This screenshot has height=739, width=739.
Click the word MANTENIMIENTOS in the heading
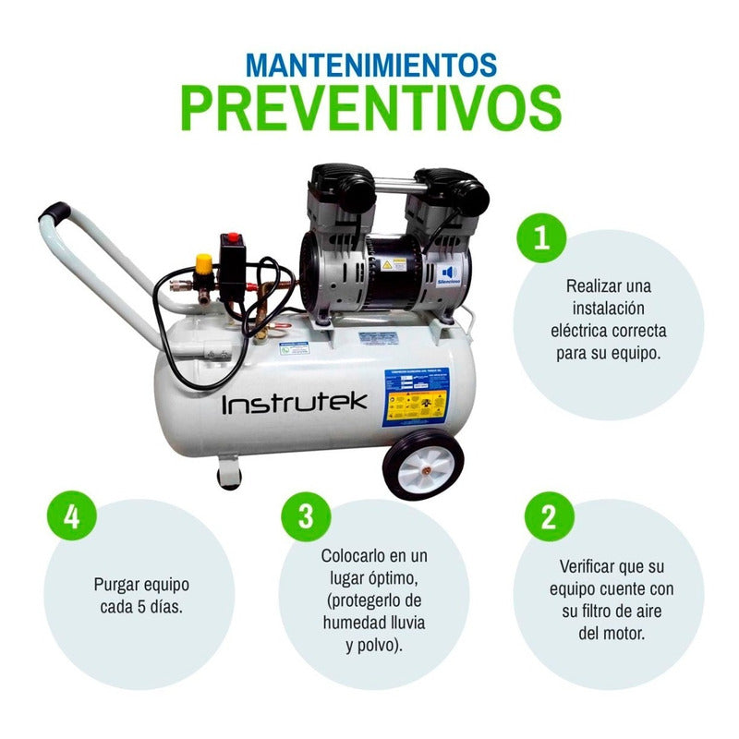pyautogui.click(x=371, y=65)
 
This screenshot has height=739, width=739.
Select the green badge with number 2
pyautogui.click(x=549, y=515)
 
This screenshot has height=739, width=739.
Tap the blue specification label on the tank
pyautogui.click(x=415, y=395)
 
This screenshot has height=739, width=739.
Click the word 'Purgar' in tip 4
pyautogui.click(x=118, y=585)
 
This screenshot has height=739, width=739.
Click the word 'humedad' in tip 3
pyautogui.click(x=351, y=623)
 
